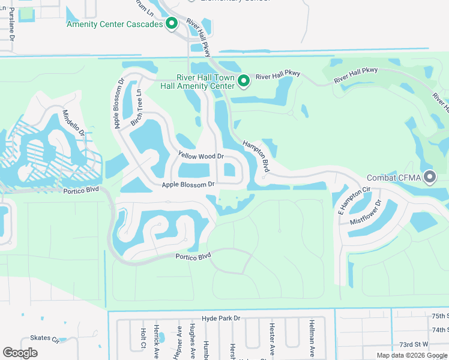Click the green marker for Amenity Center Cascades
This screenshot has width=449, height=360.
pos(172,24)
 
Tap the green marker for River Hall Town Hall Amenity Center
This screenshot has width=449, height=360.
pos(244,81)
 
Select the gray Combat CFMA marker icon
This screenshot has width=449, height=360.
pos(430,177)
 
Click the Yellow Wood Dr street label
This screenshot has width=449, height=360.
pos(200,156)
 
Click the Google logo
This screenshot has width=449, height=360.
pos(20,353)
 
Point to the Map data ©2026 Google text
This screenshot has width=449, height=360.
pos(412,355)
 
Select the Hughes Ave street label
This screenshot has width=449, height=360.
pos(191,339)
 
